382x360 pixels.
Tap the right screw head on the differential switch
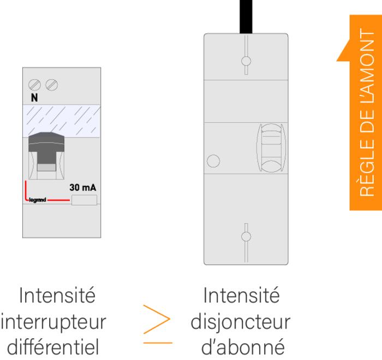tap(52, 85)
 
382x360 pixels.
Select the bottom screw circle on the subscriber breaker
tap(246, 236)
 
